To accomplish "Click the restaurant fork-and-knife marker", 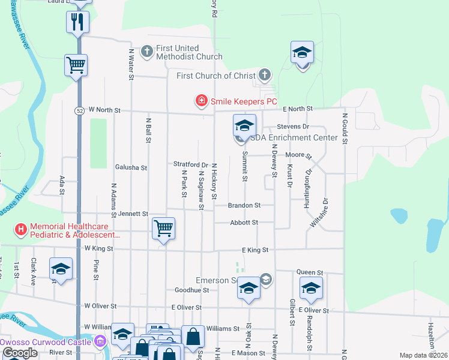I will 77,22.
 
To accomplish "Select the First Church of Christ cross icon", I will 265,76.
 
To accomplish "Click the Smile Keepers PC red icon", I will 202,101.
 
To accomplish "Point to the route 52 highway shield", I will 79,110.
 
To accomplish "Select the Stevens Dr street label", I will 292,127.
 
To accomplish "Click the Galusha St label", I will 131,168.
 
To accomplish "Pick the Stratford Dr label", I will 190,164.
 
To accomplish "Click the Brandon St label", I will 244,205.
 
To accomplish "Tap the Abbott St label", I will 244,222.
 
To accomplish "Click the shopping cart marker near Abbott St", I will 163,228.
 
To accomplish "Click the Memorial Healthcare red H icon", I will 21,229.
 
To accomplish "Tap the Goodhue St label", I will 191,289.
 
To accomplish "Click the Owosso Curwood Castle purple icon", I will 100,342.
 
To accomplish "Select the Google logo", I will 20,353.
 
